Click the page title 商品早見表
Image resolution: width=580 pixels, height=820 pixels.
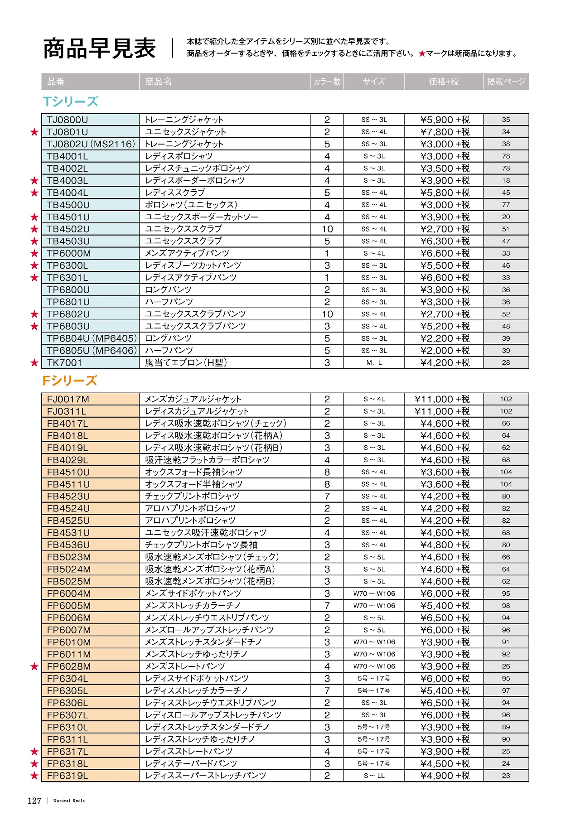click(99, 48)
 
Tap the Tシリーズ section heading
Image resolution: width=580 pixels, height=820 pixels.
click(70, 101)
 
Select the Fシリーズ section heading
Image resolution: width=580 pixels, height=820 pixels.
click(70, 381)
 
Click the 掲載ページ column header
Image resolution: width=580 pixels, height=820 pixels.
click(506, 82)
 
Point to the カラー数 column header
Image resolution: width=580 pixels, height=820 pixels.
click(327, 82)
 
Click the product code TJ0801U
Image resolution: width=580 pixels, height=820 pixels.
click(68, 132)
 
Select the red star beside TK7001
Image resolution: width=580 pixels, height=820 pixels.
click(34, 363)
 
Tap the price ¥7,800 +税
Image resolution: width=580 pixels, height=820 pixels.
click(445, 132)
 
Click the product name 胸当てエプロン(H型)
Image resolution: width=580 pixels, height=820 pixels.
click(186, 363)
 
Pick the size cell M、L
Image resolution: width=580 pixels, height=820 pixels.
click(374, 363)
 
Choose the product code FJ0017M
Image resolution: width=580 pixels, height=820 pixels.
click(68, 399)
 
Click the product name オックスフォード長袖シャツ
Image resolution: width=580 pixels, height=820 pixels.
click(193, 472)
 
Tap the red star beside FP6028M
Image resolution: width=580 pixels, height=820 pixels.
click(34, 666)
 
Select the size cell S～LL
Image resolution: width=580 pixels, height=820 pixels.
click(374, 776)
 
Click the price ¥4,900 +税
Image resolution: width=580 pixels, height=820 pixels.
click(445, 776)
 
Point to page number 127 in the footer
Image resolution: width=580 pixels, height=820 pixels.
click(34, 801)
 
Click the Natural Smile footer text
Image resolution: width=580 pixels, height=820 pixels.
click(69, 801)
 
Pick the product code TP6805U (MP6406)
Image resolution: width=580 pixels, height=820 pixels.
click(92, 351)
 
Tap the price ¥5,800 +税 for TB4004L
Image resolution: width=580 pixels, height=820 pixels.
click(445, 193)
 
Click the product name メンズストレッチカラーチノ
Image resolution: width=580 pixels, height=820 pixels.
click(193, 606)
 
